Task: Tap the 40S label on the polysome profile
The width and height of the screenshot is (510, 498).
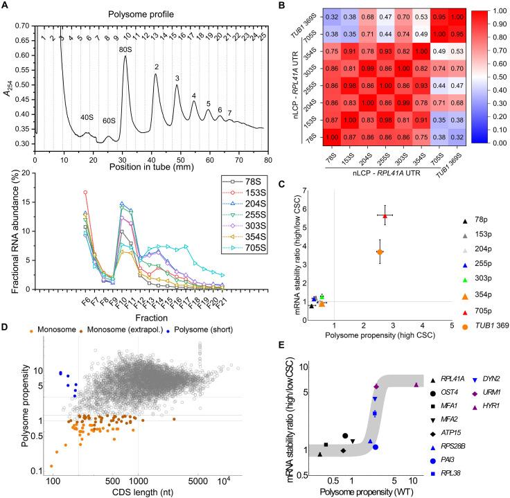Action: pos(87,117)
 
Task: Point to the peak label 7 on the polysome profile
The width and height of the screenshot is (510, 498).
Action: pos(230,113)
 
